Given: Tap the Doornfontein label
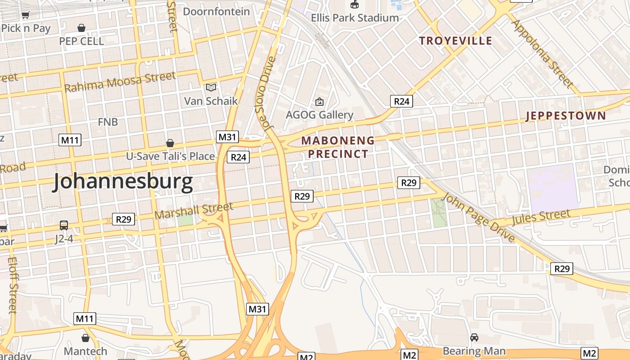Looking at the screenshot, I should pyautogui.click(x=216, y=11).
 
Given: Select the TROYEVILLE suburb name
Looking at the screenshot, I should pyautogui.click(x=455, y=41).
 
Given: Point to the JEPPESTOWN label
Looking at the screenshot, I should pyautogui.click(x=566, y=116).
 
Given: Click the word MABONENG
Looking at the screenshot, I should pyautogui.click(x=338, y=140).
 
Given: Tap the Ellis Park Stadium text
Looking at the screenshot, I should pyautogui.click(x=355, y=18).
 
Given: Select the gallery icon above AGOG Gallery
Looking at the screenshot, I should pyautogui.click(x=319, y=102).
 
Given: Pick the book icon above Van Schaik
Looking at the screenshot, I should pyautogui.click(x=211, y=87).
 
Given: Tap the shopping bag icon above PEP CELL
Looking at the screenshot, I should pyautogui.click(x=81, y=28).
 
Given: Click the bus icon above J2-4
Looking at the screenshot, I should pyautogui.click(x=64, y=225).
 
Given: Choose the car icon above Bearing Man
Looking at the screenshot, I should pyautogui.click(x=474, y=337).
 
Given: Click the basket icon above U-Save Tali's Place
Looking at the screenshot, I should pyautogui.click(x=170, y=143).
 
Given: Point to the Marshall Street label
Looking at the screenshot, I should pyautogui.click(x=194, y=211).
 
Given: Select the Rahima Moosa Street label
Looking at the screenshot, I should pyautogui.click(x=120, y=82).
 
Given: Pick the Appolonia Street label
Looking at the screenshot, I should pyautogui.click(x=543, y=54).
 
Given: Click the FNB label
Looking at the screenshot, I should pyautogui.click(x=108, y=121).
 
